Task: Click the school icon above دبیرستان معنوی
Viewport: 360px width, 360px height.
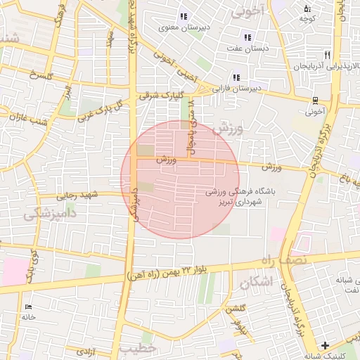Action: pyautogui.click(x=184, y=16)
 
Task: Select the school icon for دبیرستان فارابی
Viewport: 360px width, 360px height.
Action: pyautogui.click(x=236, y=77)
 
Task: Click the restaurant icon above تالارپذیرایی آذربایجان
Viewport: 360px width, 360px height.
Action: pyautogui.click(x=327, y=54)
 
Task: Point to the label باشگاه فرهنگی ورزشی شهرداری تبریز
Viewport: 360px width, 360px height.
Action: pyautogui.click(x=234, y=196)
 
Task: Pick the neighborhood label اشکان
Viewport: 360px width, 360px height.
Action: pyautogui.click(x=255, y=283)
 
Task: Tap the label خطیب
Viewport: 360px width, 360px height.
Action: pyautogui.click(x=138, y=348)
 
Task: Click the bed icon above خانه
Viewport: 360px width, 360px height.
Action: pyautogui.click(x=29, y=307)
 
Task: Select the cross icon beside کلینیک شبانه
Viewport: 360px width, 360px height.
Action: pyautogui.click(x=324, y=345)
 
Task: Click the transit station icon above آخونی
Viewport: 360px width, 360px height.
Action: pyautogui.click(x=316, y=99)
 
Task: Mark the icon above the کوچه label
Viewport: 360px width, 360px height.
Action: pyautogui.click(x=307, y=8)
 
